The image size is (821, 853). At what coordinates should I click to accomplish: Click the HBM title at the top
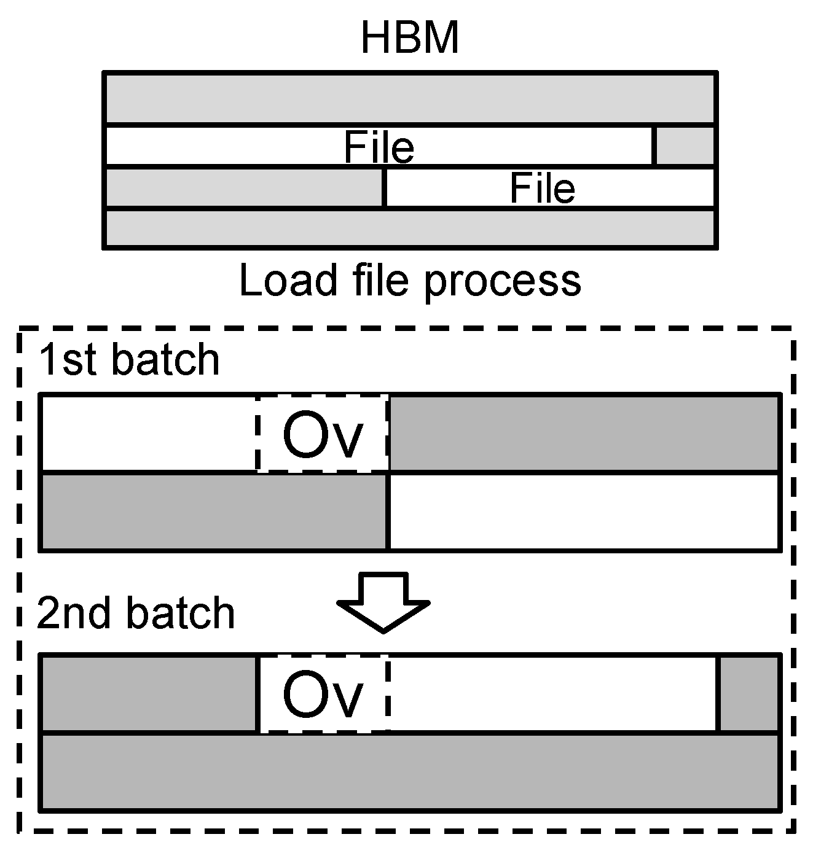410,37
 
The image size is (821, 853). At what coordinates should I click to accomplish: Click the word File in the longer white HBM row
379,147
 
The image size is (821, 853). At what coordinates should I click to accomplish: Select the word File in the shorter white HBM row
542,189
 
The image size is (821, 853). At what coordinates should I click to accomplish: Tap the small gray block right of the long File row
685,146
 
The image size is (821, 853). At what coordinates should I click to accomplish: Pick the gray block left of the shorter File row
245,188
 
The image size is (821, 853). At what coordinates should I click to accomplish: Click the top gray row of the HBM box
410,98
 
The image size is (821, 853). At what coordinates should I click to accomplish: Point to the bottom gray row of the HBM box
410,228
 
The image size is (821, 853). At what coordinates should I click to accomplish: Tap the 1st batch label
128,360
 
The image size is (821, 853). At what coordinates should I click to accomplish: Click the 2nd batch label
136,613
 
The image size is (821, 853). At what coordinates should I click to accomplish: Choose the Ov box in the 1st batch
323,434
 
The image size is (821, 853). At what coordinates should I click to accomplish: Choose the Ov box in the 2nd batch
323,694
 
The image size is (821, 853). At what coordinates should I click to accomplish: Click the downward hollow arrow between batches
383,602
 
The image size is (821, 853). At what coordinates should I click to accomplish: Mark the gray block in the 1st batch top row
584,434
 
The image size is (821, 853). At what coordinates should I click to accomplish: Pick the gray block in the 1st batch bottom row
213,512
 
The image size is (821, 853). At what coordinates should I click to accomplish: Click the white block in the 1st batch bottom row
584,512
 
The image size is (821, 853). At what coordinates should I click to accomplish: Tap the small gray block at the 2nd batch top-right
748,694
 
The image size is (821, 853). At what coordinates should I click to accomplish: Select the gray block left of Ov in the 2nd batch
149,694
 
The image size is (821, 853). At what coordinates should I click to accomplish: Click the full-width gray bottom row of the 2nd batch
410,772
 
